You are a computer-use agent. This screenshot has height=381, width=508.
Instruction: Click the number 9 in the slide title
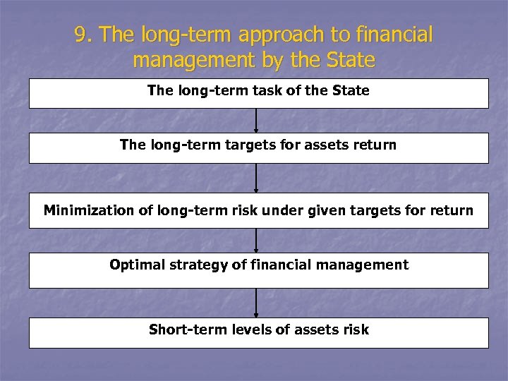tap(83, 35)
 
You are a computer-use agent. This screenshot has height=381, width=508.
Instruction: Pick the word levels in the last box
tap(248, 329)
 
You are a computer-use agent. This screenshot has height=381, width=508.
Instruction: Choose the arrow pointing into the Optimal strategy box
tap(256, 240)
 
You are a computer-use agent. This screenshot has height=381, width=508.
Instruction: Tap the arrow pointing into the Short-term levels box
tap(256, 304)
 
